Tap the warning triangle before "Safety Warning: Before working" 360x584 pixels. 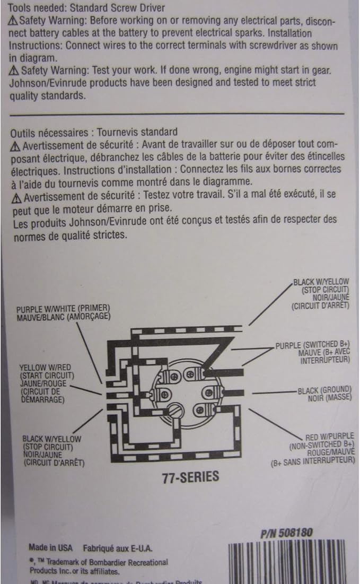tap(13, 20)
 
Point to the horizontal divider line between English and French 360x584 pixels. tap(177, 113)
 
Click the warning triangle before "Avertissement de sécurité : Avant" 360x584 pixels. tap(15, 144)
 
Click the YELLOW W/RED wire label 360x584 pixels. tap(45, 367)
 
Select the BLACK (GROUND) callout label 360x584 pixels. tap(324, 390)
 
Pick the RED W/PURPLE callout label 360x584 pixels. tap(329, 437)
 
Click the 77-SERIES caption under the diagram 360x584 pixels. tap(190, 477)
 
